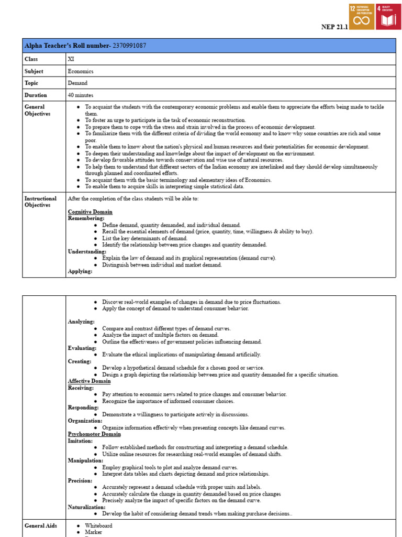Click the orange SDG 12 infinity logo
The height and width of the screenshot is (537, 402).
361,17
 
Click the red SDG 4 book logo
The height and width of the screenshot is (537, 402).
388,17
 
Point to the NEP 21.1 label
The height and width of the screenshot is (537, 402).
333,27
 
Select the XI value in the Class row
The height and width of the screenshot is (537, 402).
71,59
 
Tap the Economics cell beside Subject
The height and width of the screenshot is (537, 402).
81,71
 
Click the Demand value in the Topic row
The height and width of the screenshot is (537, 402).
77,83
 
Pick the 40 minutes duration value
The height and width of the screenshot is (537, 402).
81,95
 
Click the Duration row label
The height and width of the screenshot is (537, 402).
36,95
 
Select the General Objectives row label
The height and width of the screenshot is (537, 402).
38,110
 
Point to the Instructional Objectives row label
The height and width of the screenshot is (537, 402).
40,202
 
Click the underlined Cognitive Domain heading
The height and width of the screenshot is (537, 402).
90,212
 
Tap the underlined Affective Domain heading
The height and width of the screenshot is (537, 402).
89,381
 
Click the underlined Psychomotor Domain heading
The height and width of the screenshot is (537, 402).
94,434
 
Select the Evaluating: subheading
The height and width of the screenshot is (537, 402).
82,348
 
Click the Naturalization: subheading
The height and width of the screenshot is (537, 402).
86,507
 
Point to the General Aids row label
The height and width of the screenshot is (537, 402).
41,525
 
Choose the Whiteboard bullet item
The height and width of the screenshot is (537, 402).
98,525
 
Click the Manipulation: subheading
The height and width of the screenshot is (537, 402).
85,461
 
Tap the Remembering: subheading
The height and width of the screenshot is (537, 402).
86,218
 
